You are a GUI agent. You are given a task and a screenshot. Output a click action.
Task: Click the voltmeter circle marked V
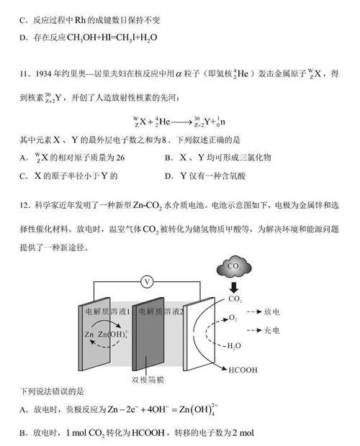[147, 282]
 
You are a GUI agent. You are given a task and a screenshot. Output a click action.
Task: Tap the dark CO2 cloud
[234, 267]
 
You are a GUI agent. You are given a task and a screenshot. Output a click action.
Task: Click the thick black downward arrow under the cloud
[234, 288]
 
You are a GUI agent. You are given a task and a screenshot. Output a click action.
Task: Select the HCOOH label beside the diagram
[243, 370]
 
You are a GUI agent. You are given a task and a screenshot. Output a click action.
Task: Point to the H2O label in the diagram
[234, 346]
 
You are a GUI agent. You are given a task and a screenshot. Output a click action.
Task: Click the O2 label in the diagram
[233, 318]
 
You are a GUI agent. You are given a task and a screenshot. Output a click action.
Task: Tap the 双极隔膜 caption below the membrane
[148, 380]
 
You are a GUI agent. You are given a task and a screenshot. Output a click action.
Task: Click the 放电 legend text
[271, 311]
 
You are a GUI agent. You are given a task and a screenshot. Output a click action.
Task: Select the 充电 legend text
[271, 330]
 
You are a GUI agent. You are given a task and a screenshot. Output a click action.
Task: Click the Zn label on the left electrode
[89, 334]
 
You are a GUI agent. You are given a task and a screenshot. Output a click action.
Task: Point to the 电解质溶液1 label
[107, 311]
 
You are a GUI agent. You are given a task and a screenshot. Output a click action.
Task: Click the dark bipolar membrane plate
[148, 334]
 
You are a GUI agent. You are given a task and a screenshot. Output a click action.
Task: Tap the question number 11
[24, 74]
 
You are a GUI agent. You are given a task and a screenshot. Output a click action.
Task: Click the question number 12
[24, 205]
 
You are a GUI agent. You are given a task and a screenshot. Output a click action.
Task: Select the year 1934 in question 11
[43, 74]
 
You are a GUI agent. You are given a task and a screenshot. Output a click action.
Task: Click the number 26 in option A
[120, 158]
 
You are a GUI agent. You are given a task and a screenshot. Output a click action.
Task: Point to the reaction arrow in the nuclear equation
[182, 122]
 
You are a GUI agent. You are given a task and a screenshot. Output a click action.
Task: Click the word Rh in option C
[80, 20]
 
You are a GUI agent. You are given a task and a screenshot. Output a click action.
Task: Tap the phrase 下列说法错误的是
[52, 391]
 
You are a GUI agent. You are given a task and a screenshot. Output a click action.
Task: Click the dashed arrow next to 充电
[254, 330]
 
